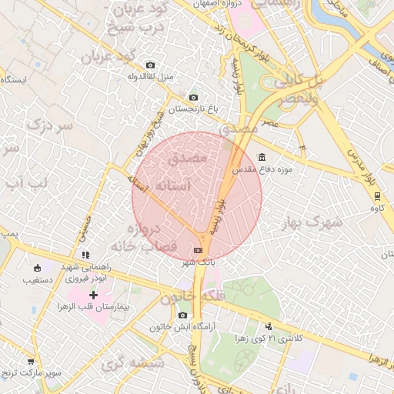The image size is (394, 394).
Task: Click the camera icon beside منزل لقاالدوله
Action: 150,65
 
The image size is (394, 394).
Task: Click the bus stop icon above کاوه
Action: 377,195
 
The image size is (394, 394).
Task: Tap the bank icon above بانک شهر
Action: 199,250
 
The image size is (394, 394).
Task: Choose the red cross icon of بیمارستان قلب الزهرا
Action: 94,295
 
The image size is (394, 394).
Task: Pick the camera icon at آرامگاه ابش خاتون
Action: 182,315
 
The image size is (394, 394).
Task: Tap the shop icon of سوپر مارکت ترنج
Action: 30,361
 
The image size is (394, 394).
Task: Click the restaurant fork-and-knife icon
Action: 85,254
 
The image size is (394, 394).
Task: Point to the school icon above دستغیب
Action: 37,268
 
